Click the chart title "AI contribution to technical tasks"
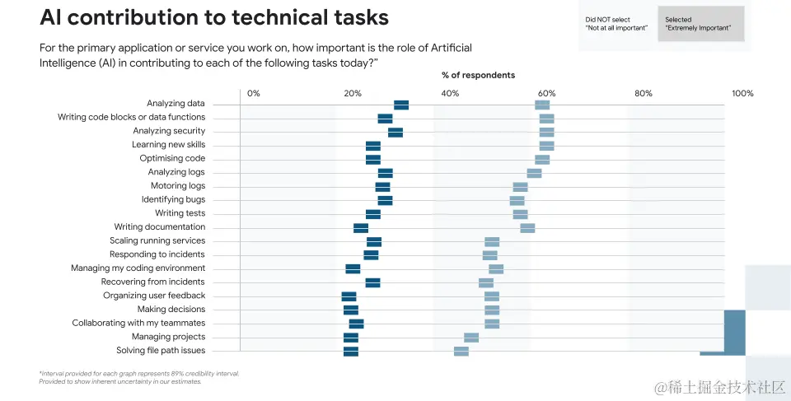coord(214,18)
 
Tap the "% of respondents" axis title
coord(478,75)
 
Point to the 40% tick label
coord(450,94)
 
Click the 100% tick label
coord(742,94)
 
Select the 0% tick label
coord(254,94)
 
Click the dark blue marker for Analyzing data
coord(401,105)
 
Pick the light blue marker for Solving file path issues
coord(461,352)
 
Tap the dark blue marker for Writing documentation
coord(361,228)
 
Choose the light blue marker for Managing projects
coord(471,338)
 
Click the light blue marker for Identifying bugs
coord(517,200)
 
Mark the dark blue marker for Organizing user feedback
coord(349,296)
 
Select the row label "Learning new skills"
coord(168,145)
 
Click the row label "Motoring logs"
coord(177,186)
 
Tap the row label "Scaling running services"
coord(157,241)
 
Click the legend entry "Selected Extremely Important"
coord(700,24)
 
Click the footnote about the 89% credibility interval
coord(138,377)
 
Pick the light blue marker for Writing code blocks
coord(546,119)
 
